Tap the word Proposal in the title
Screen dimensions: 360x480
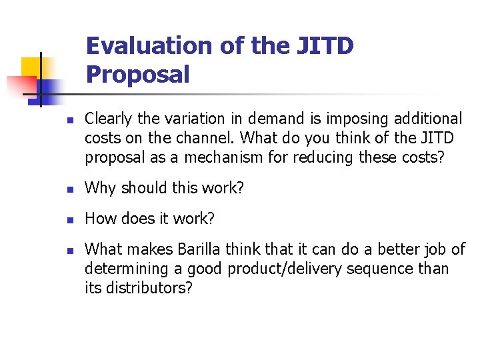pyautogui.click(x=137, y=74)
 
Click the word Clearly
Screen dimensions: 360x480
pyautogui.click(x=109, y=119)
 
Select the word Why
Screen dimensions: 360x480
pyautogui.click(x=99, y=189)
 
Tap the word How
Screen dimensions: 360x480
pyautogui.click(x=101, y=219)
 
